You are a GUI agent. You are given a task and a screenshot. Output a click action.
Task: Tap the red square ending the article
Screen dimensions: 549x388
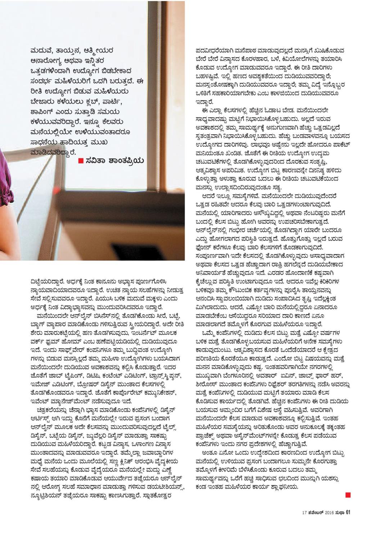pyautogui.click(x=348, y=495)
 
